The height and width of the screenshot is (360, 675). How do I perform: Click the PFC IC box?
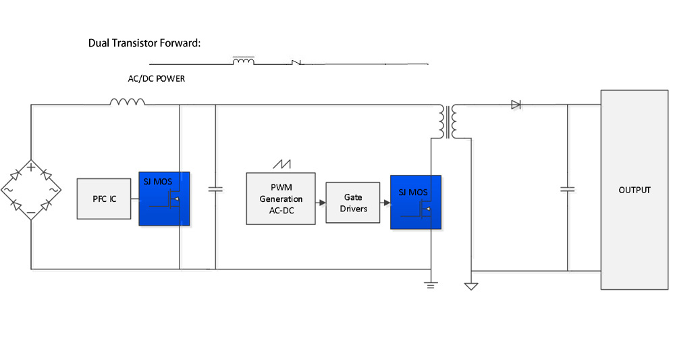(x=105, y=199)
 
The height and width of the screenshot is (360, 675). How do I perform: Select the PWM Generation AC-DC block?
(x=279, y=199)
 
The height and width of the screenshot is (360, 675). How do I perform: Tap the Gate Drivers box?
(x=353, y=203)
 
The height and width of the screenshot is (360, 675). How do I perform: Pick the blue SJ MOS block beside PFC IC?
(x=164, y=199)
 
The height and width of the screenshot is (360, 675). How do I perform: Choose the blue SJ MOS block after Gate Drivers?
(x=415, y=202)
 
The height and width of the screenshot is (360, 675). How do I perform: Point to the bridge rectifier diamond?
(x=31, y=190)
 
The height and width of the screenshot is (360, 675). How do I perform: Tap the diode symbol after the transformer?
(x=516, y=105)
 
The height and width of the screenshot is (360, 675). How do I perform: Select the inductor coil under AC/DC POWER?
(x=128, y=102)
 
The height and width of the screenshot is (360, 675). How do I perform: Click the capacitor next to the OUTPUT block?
(x=568, y=190)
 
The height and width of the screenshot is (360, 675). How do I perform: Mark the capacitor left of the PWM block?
(x=215, y=190)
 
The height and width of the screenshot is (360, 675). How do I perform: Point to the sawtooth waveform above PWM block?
(x=281, y=164)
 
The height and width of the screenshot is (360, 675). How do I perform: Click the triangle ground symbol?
(x=470, y=286)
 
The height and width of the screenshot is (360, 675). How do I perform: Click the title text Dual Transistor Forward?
(x=145, y=43)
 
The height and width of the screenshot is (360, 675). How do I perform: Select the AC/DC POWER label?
(x=157, y=79)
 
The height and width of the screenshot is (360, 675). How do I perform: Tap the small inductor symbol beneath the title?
(x=244, y=61)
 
